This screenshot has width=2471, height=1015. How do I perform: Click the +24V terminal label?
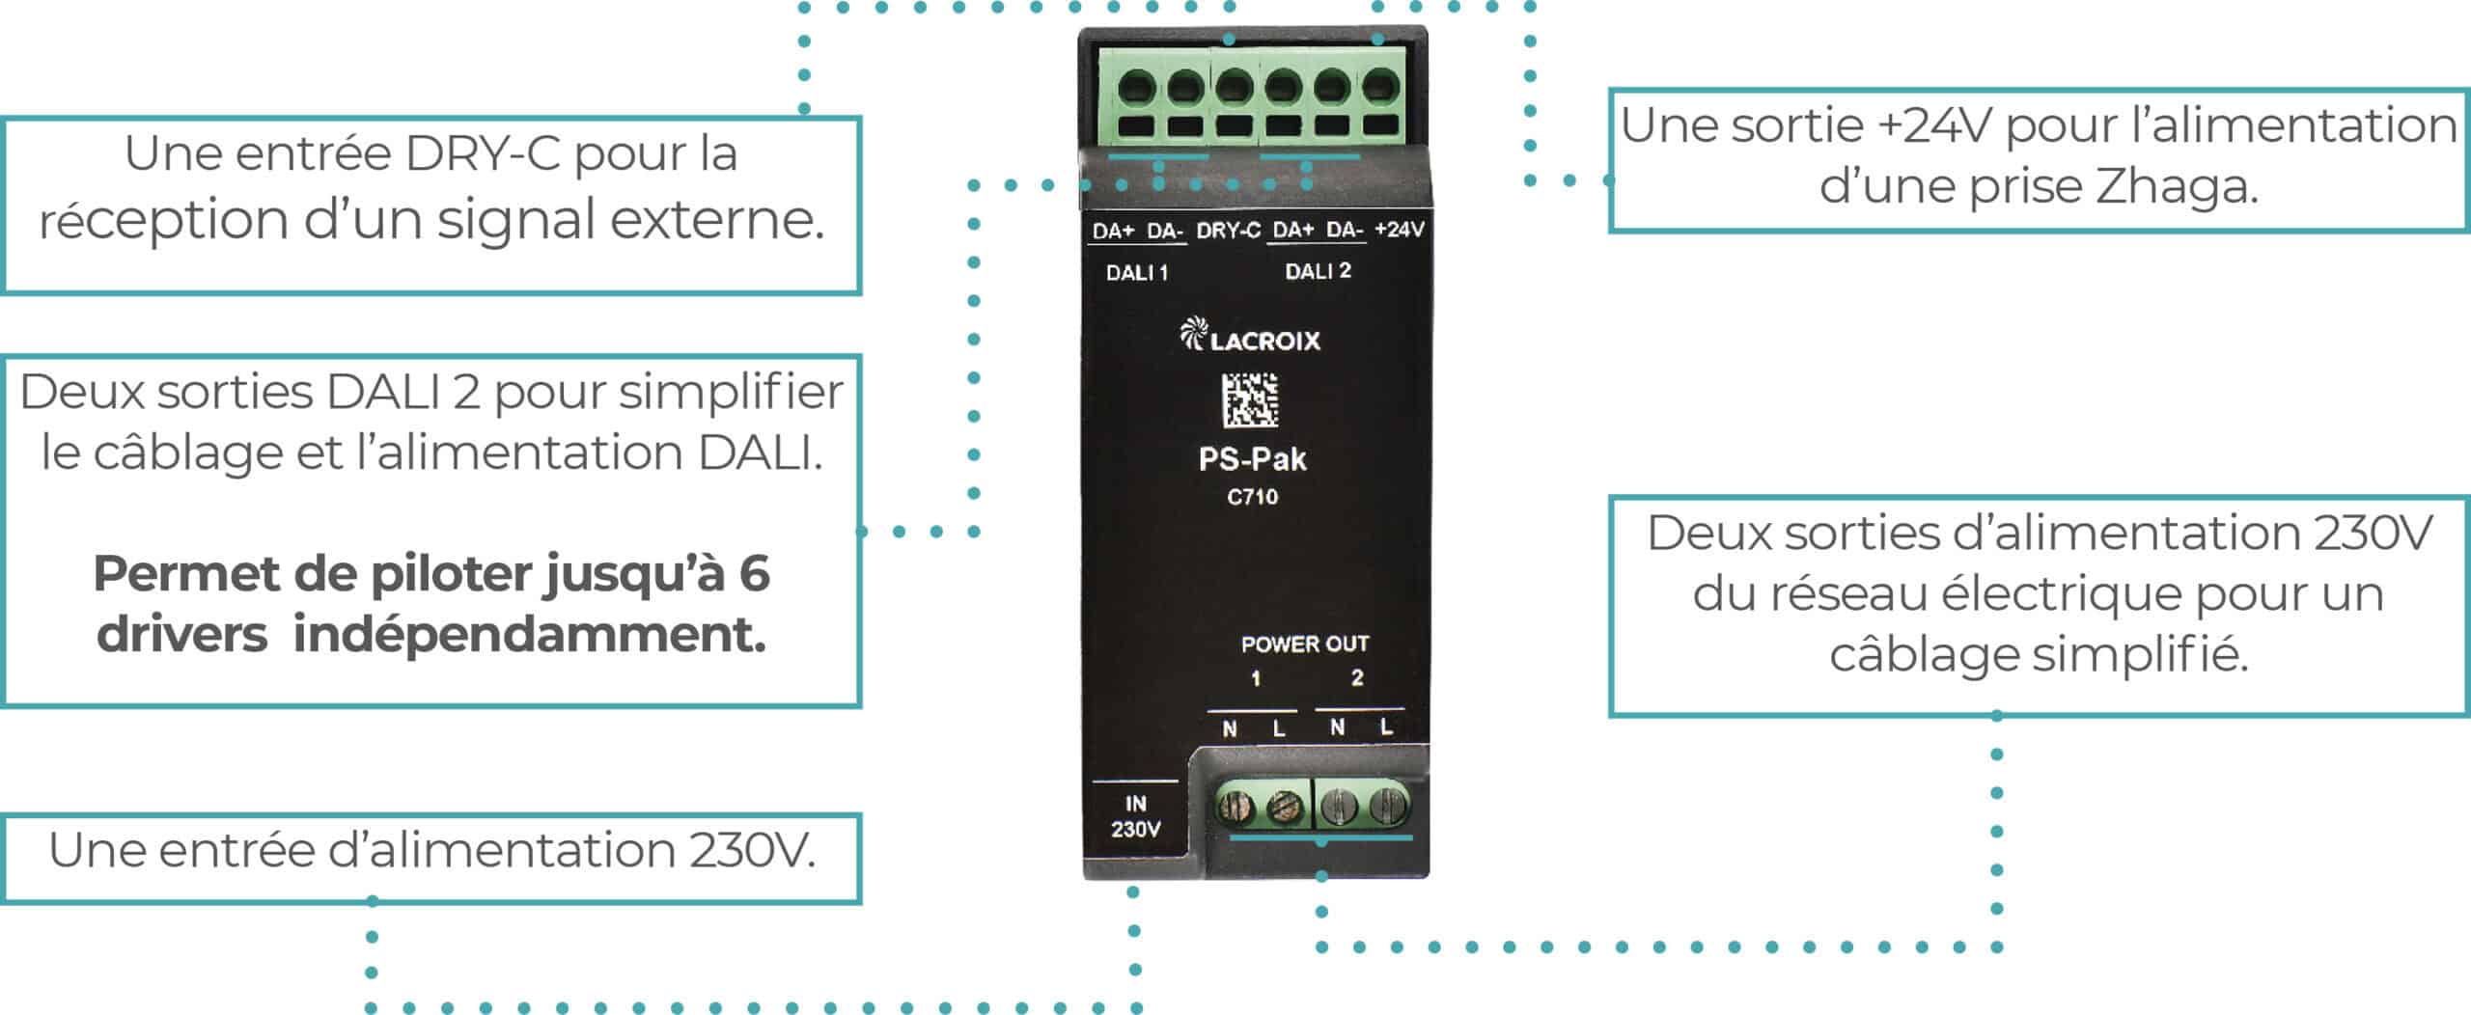(x=1399, y=230)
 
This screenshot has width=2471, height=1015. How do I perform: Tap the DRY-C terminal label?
(x=1228, y=231)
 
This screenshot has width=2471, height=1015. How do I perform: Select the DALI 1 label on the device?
(x=1137, y=273)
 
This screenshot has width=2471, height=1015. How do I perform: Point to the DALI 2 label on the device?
(x=1318, y=271)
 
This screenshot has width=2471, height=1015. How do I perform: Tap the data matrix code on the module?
(x=1251, y=399)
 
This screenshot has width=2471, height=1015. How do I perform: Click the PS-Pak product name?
(x=1252, y=459)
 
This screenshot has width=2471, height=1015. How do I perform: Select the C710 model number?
(x=1252, y=497)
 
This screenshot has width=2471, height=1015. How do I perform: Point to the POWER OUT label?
(x=1305, y=644)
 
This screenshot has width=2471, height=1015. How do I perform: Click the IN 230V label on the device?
(x=1135, y=816)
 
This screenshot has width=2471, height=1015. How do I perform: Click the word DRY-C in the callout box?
(x=483, y=154)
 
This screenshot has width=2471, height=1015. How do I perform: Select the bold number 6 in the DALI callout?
(x=754, y=573)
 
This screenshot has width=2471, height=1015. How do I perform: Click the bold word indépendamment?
(x=529, y=635)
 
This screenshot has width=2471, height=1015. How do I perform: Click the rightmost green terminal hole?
(x=1380, y=89)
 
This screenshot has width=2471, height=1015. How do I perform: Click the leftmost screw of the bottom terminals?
(x=1235, y=807)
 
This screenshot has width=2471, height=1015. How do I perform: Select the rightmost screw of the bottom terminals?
(x=1387, y=804)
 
